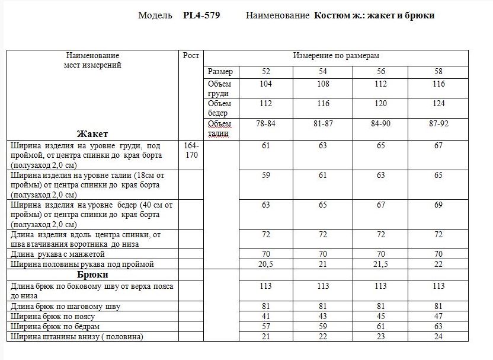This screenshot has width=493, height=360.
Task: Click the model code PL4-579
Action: (201, 15)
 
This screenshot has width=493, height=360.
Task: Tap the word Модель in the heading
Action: (155, 15)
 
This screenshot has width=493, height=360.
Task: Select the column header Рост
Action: (191, 56)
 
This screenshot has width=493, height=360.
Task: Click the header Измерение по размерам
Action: (336, 56)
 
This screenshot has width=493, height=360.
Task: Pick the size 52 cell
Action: (265, 72)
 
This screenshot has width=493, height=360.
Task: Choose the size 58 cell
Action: (438, 72)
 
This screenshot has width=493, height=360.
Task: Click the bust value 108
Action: (323, 84)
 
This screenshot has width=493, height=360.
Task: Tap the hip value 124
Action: (438, 104)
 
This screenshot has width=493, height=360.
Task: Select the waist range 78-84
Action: (265, 123)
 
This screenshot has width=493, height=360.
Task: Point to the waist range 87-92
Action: (438, 123)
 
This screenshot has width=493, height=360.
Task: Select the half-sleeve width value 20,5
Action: (265, 264)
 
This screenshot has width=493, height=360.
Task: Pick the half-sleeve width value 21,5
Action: (381, 264)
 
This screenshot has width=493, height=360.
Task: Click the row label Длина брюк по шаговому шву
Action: (66, 307)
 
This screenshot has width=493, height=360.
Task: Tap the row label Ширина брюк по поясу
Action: (57, 317)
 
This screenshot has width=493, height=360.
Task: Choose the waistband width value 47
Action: (438, 317)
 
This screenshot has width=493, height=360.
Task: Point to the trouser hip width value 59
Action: (323, 327)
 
